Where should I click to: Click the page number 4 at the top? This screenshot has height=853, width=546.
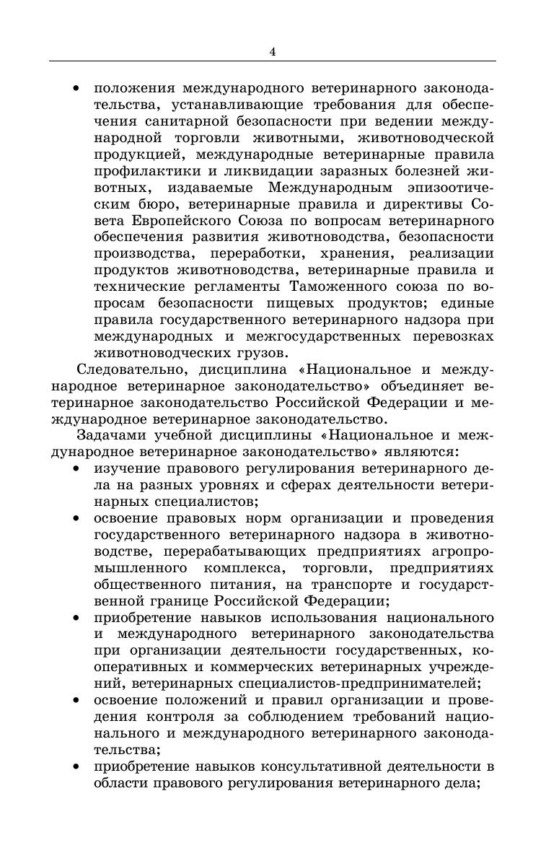click(x=272, y=51)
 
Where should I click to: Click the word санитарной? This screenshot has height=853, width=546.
click(x=186, y=121)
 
